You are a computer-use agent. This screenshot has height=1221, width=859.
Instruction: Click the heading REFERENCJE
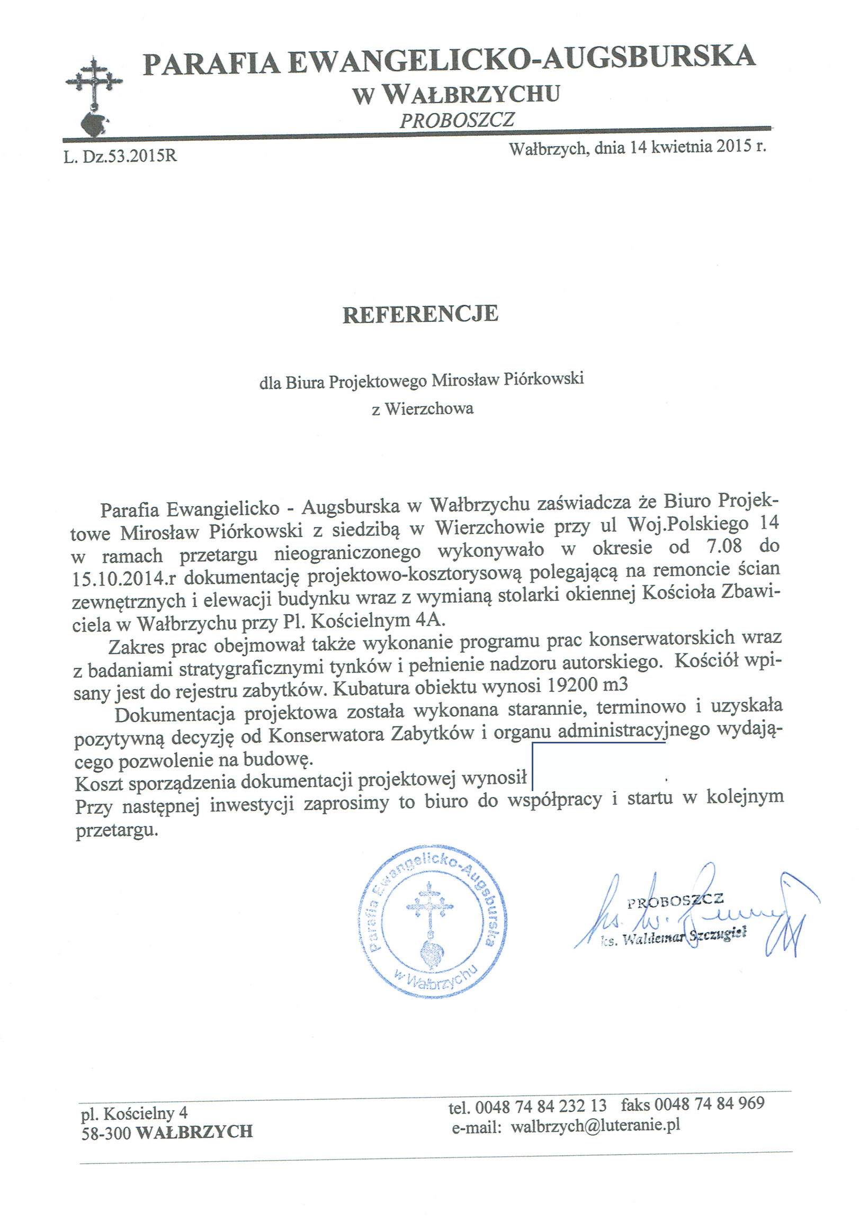point(420,315)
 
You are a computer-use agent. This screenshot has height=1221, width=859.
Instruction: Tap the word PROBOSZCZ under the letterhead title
point(457,120)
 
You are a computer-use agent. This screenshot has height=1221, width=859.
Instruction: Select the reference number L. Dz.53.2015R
point(120,156)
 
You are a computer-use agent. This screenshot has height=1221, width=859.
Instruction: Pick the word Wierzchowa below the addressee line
point(428,408)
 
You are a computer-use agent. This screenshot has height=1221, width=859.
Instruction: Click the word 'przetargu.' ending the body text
point(117,830)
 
